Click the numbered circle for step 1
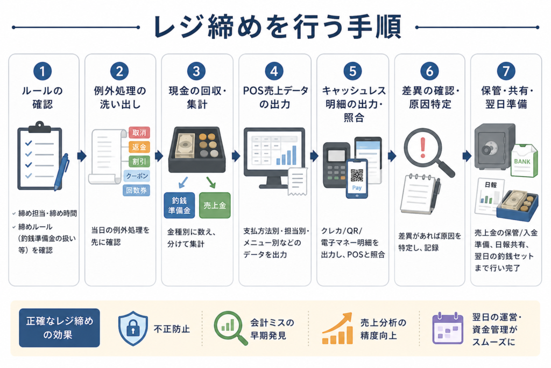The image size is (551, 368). tap(43, 71)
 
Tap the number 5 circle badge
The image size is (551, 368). tap(352, 71)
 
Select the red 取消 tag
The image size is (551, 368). tap(139, 133)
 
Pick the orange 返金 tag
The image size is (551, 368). tap(139, 147)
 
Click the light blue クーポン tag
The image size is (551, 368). tap(137, 176)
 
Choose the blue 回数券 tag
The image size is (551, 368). tap(136, 190)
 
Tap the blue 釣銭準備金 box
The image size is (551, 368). tap(179, 205)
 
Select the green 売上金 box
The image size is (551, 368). tap(215, 205)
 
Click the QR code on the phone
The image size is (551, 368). tap(357, 175)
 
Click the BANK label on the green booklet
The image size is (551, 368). tap(522, 162)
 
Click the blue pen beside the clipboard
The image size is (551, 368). tap(61, 172)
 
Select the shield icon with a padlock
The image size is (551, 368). tap(133, 328)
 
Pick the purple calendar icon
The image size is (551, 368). tap(448, 328)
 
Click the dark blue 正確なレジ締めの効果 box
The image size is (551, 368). tap(59, 328)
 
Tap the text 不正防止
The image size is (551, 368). tap(172, 329)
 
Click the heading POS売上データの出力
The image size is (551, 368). tap(275, 98)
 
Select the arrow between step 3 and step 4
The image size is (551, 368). tap(236, 156)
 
